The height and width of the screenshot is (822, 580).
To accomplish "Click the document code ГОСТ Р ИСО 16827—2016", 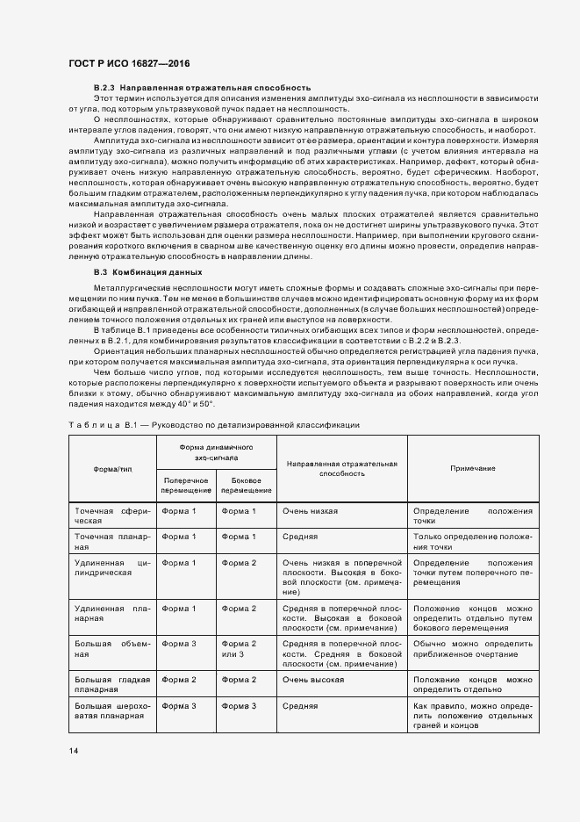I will [130, 64].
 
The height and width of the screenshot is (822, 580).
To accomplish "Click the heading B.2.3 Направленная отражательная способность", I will [202, 89].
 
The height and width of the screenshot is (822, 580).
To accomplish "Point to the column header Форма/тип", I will [112, 468].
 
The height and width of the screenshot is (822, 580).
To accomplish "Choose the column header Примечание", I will [473, 468].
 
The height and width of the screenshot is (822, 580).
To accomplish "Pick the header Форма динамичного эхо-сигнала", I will [216, 452].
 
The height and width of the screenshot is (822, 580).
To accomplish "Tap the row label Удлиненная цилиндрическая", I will [112, 567].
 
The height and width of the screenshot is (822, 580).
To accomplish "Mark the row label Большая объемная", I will [112, 648].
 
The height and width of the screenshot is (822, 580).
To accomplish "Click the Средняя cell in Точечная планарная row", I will [300, 536].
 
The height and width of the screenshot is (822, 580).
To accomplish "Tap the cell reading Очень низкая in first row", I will [310, 510].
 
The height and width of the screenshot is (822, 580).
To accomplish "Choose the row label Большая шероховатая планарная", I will [112, 710].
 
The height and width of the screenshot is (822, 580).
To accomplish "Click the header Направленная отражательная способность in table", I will [341, 468].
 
